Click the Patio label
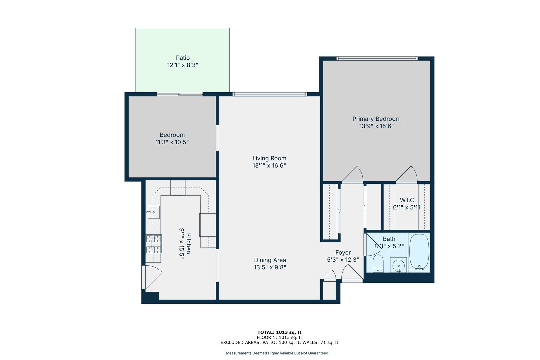pos(183,58)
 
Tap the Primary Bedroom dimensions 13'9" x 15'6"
pos(376,126)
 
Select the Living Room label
pos(269,158)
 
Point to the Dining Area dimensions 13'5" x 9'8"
pos(270,267)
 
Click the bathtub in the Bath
pos(419,252)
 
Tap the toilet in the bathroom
pos(378,264)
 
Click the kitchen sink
pos(154,212)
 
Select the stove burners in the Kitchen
pos(154,244)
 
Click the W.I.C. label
pos(408,200)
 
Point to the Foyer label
pos(343,252)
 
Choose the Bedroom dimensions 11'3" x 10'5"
pos(172,142)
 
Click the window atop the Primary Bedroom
pos(377,58)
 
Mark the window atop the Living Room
pos(270,94)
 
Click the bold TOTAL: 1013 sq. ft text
pos(279,332)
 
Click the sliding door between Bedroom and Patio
pos(180,94)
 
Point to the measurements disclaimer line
pos(277,353)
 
